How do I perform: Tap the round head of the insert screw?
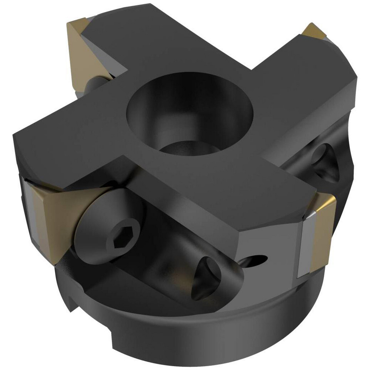click(x=107, y=226)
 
